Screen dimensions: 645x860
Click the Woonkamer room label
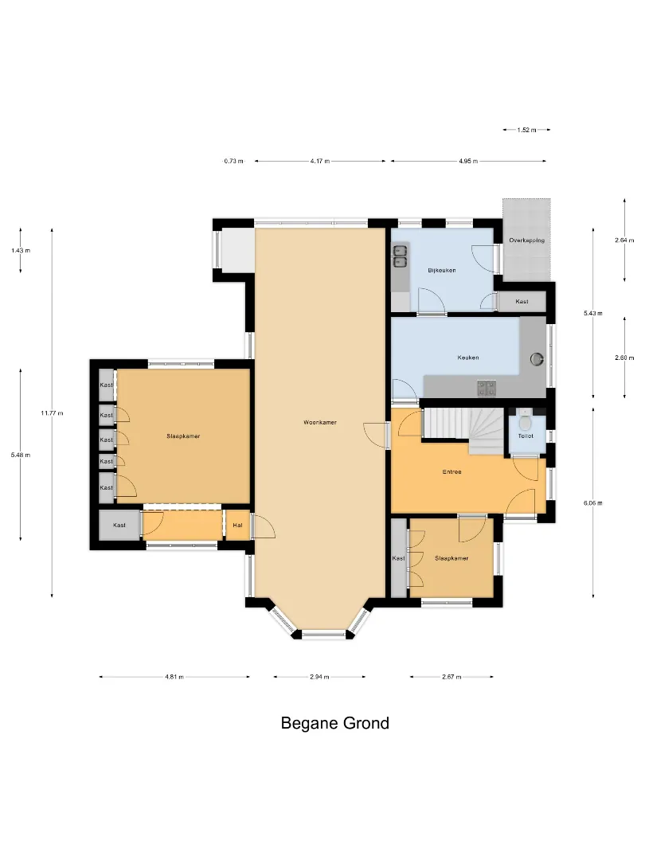pos(320,422)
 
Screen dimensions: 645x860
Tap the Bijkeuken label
pos(441,271)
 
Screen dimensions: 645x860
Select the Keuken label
pos(468,358)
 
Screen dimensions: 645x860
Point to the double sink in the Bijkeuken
pos(399,256)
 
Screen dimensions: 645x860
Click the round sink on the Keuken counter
pos(537,359)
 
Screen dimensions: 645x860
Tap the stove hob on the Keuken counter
pos(487,389)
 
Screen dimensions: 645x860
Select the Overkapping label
pos(526,240)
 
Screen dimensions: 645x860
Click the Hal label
pos(237,526)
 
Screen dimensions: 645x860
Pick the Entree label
pos(452,471)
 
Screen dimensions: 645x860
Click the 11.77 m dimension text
pos(52,413)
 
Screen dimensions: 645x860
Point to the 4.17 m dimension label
pos(320,161)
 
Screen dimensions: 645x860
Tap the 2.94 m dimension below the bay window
pos(319,677)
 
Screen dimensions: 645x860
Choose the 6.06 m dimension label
pos(593,503)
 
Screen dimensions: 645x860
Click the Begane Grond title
pos(335,723)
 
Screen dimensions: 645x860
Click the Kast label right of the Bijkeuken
pos(522,302)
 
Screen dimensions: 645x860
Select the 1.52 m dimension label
pos(526,130)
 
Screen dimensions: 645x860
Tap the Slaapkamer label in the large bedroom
pos(183,436)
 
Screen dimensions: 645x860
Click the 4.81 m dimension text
pos(174,677)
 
